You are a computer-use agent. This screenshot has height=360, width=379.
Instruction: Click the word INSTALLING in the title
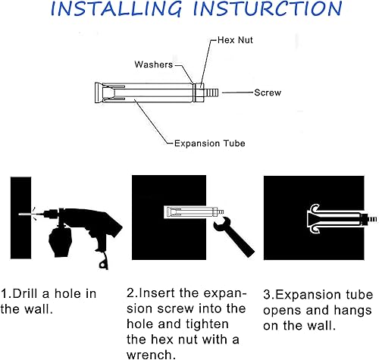[116, 9]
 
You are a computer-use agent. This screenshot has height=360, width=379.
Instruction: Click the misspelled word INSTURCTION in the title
[268, 8]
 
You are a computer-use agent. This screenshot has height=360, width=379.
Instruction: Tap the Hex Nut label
[235, 40]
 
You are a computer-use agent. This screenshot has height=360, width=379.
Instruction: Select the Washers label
[154, 64]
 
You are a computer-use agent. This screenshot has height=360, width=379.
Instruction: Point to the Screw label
[268, 92]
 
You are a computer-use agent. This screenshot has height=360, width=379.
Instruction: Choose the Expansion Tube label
[210, 143]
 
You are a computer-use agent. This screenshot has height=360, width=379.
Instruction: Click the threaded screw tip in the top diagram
[211, 92]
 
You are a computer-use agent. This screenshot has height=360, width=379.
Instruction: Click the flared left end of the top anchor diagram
[99, 92]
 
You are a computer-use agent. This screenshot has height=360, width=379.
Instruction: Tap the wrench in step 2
[233, 236]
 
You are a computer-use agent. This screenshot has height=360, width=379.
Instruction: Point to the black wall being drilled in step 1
[20, 218]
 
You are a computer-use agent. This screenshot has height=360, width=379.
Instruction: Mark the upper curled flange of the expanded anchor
[315, 208]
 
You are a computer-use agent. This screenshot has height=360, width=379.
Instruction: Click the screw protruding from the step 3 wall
[371, 219]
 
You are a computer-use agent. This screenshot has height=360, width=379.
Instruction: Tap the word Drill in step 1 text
[25, 293]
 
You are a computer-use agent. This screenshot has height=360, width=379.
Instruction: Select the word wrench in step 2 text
[151, 355]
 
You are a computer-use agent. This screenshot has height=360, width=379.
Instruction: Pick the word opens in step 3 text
[282, 311]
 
